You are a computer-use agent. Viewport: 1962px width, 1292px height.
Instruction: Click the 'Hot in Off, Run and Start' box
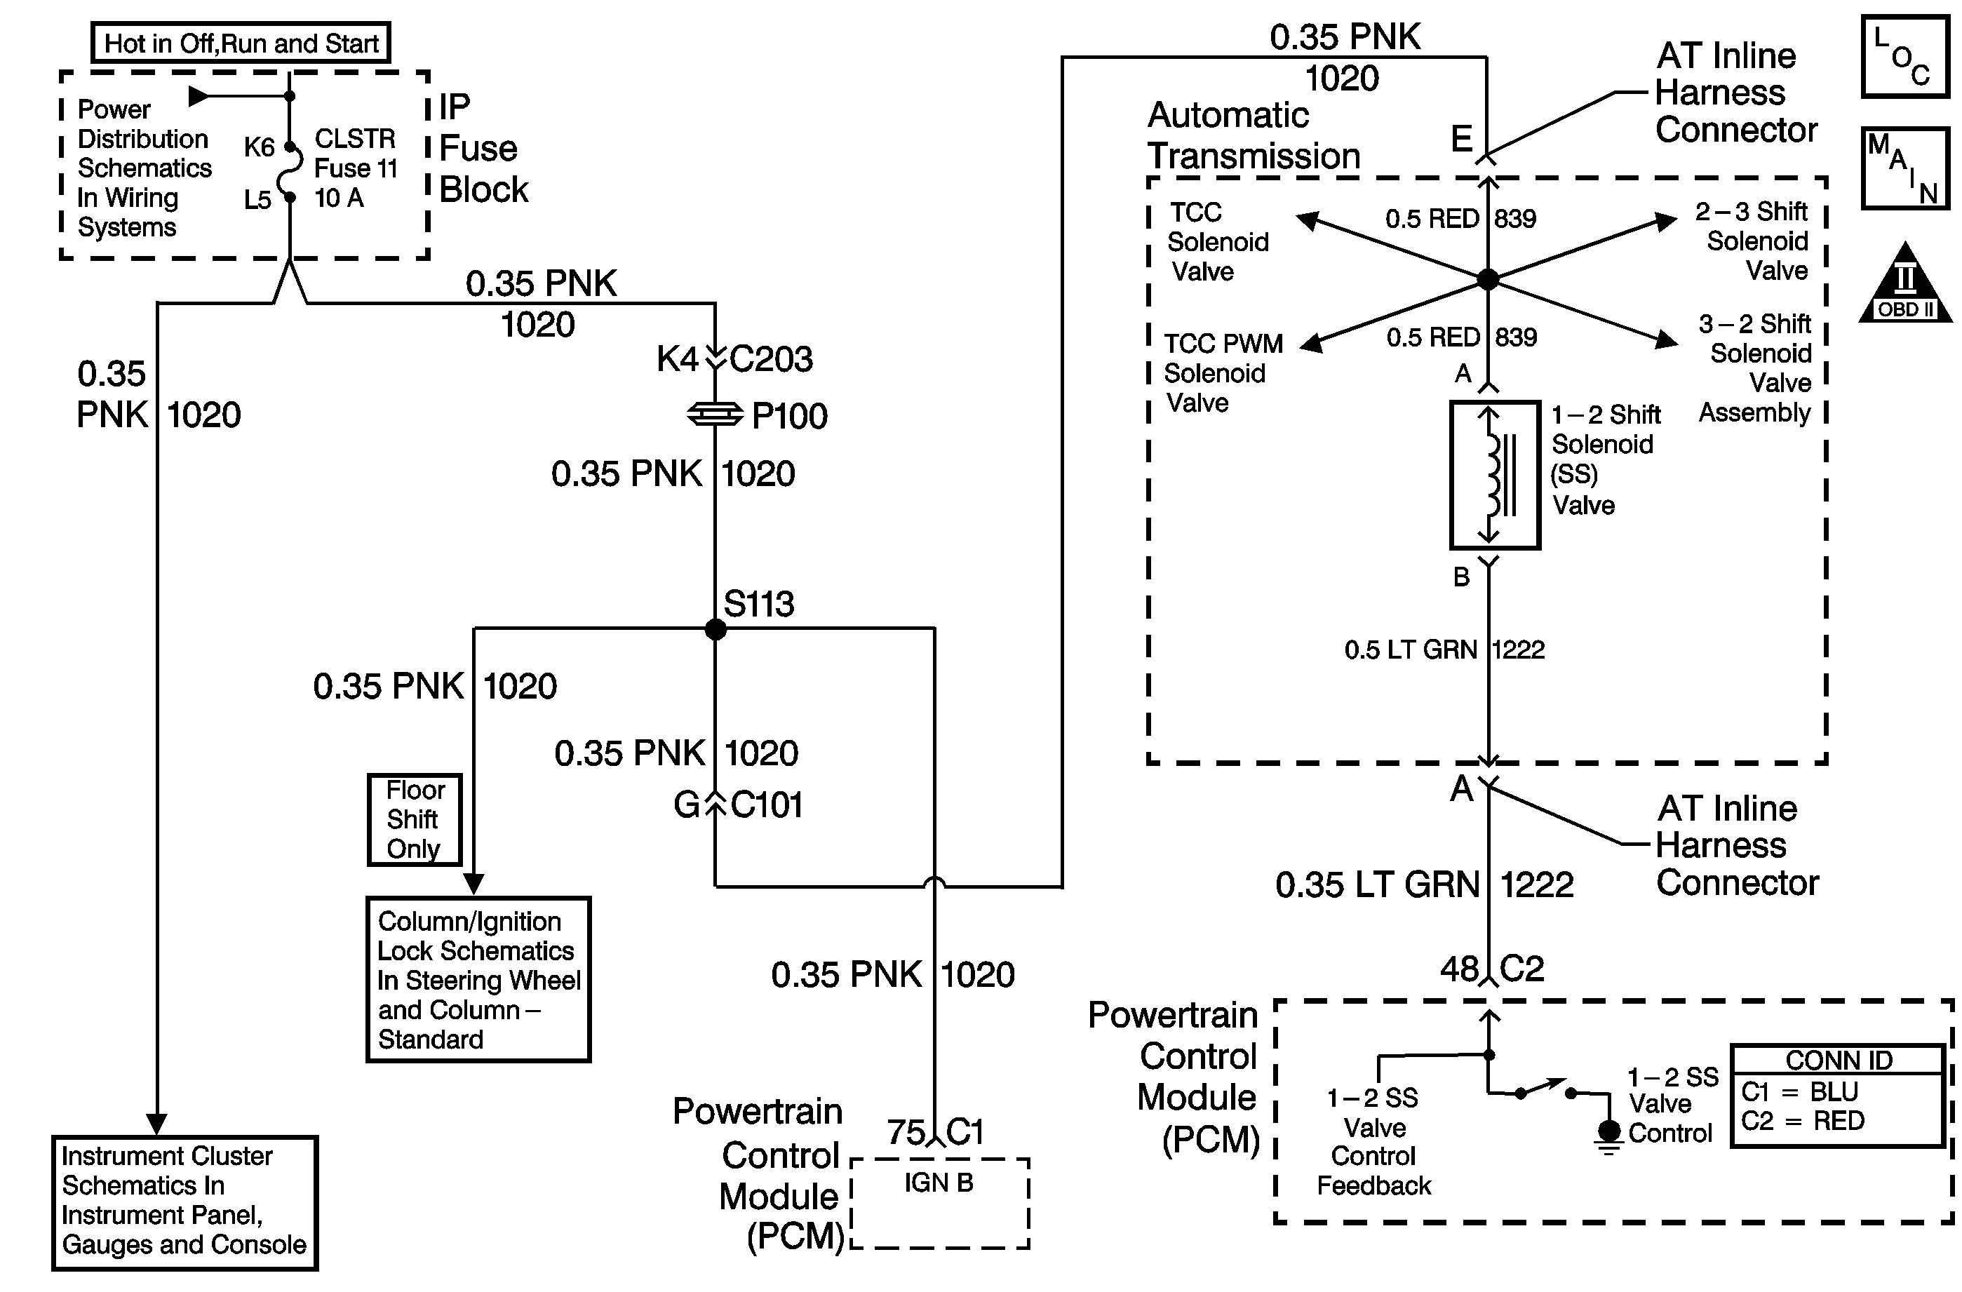241,43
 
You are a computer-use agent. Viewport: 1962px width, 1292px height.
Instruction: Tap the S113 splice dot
715,630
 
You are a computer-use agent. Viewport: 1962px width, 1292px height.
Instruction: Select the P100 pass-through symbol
715,415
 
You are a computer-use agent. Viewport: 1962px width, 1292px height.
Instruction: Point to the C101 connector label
767,805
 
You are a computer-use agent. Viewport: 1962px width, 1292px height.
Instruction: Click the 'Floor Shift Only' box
415,819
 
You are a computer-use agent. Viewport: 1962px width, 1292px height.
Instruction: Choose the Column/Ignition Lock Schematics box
478,979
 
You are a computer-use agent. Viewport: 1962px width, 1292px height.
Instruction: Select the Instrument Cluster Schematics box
184,1202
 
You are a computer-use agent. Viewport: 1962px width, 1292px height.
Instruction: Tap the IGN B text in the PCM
939,1183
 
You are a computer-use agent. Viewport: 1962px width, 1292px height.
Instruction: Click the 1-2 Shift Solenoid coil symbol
1495,475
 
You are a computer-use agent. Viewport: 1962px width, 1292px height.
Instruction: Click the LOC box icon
1905,57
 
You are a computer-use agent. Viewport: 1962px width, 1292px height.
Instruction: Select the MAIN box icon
1905,168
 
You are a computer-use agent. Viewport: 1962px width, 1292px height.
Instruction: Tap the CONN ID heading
1839,1061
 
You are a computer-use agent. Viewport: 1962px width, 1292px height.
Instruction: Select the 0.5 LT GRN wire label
1411,650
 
